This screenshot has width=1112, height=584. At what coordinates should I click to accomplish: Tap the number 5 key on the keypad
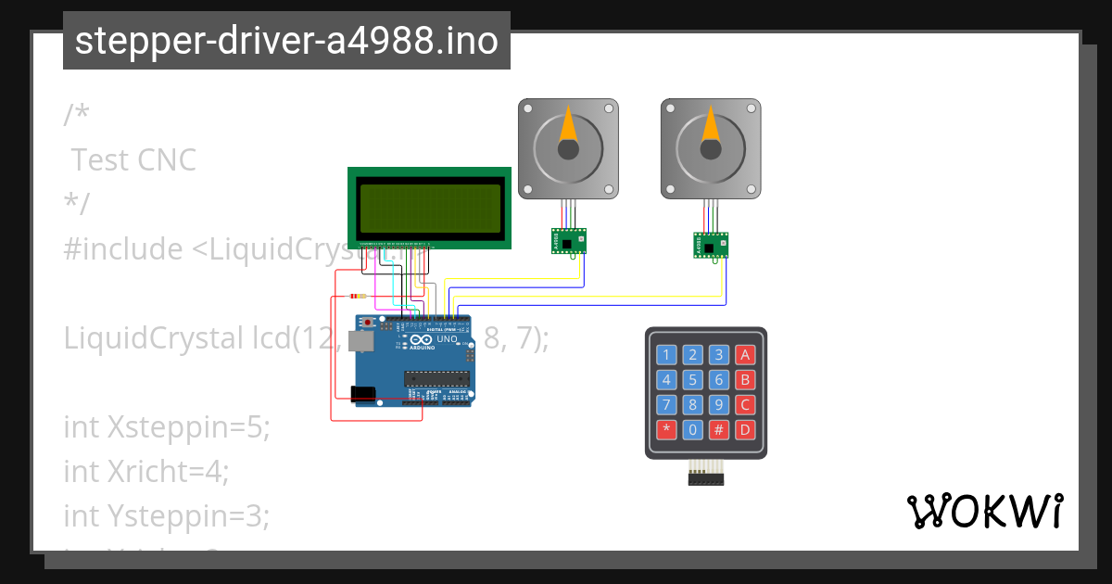pyautogui.click(x=692, y=379)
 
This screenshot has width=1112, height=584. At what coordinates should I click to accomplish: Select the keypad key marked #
pyautogui.click(x=718, y=430)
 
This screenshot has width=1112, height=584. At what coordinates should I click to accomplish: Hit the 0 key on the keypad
pyautogui.click(x=692, y=430)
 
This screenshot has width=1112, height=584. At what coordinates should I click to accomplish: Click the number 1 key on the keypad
pyautogui.click(x=665, y=354)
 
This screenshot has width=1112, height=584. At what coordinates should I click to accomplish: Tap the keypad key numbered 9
pyautogui.click(x=718, y=405)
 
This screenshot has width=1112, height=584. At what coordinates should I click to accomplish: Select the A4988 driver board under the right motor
pyautogui.click(x=711, y=246)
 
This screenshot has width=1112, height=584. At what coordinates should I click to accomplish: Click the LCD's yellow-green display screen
pyautogui.click(x=430, y=208)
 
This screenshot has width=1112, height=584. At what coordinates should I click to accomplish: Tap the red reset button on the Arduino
pyautogui.click(x=369, y=323)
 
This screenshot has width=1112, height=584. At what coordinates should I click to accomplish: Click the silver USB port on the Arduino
pyautogui.click(x=362, y=342)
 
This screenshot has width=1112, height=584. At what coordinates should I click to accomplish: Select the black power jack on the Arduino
pyautogui.click(x=364, y=394)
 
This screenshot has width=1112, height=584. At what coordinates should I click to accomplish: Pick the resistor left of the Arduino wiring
pyautogui.click(x=356, y=297)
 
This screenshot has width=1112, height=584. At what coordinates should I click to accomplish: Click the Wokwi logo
pyautogui.click(x=984, y=512)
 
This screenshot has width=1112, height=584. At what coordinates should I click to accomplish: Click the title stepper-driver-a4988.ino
pyautogui.click(x=286, y=42)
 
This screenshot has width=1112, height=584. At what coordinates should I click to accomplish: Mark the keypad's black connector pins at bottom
pyautogui.click(x=706, y=477)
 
